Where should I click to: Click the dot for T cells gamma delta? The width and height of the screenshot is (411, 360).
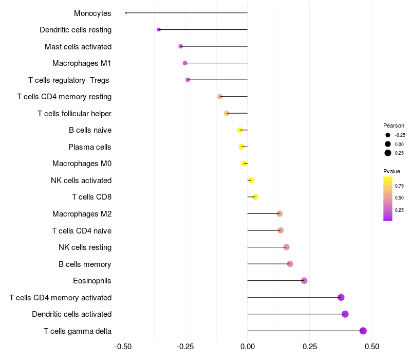click(x=363, y=331)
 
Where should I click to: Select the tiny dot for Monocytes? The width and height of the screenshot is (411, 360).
click(x=126, y=13)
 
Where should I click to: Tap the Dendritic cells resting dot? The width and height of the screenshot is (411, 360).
click(x=159, y=30)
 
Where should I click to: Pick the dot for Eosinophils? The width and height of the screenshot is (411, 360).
click(x=304, y=281)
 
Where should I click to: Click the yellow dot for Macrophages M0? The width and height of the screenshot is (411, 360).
click(x=244, y=164)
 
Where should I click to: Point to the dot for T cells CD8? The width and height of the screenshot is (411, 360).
click(x=255, y=197)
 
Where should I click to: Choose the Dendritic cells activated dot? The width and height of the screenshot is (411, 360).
click(x=345, y=314)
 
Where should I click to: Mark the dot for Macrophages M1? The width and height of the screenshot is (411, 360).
click(x=185, y=63)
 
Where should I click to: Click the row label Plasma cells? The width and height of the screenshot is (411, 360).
click(x=90, y=147)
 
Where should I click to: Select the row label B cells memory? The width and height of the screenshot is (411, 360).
click(x=85, y=264)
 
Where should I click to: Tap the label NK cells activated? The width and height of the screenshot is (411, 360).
click(x=81, y=181)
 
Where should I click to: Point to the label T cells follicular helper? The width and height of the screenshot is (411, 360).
click(x=74, y=114)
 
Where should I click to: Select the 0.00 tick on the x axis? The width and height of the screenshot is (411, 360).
click(x=248, y=347)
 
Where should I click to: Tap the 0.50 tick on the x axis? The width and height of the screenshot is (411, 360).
click(x=372, y=347)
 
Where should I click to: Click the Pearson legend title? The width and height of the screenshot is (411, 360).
click(x=394, y=125)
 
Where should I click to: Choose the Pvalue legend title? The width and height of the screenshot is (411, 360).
click(x=391, y=171)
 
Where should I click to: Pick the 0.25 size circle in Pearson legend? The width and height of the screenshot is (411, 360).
click(x=388, y=153)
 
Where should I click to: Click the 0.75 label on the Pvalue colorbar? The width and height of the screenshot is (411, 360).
click(x=399, y=186)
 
